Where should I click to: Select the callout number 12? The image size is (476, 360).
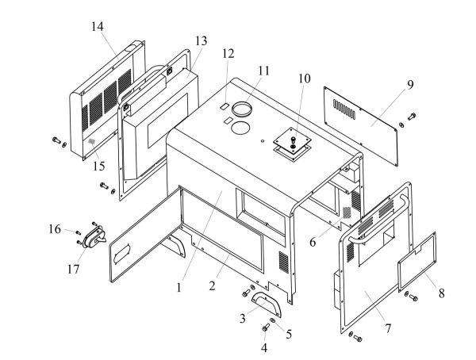(229, 54)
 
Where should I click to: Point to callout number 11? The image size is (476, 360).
(263, 70)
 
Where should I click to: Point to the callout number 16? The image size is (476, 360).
(55, 229)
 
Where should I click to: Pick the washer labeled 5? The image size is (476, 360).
(273, 320)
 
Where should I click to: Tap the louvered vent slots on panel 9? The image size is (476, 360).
(348, 105)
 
